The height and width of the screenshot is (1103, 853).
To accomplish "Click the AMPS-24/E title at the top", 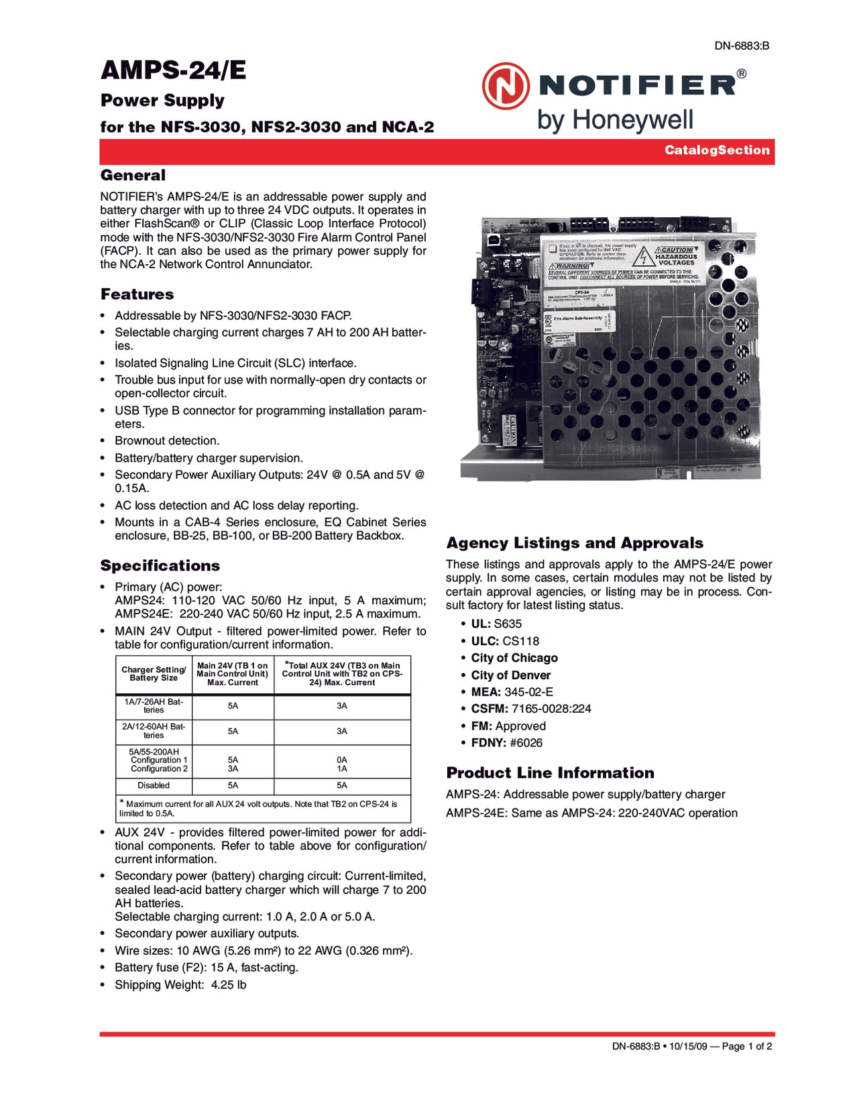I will pyautogui.click(x=173, y=70).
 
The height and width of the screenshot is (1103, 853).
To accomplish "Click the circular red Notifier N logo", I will pyautogui.click(x=505, y=86).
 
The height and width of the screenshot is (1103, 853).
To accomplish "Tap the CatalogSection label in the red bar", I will pyautogui.click(x=717, y=150).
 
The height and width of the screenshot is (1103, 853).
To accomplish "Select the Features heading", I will pyautogui.click(x=137, y=294).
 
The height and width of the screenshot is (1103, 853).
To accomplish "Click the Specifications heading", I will pyautogui.click(x=160, y=565).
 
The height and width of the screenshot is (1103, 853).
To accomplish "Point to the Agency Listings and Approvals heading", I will pyautogui.click(x=575, y=543).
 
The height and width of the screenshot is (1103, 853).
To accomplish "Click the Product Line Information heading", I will pyautogui.click(x=550, y=773).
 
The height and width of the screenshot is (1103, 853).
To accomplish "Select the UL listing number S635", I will pyautogui.click(x=508, y=624).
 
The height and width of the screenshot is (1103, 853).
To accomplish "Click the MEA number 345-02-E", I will pyautogui.click(x=528, y=692).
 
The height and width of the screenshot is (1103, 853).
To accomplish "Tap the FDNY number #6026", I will pyautogui.click(x=526, y=743).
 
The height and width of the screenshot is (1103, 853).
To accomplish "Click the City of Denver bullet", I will pyautogui.click(x=510, y=675).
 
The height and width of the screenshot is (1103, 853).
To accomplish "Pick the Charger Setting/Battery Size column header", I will pyautogui.click(x=154, y=674).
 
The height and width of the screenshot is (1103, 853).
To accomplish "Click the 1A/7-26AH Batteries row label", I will pyautogui.click(x=154, y=706).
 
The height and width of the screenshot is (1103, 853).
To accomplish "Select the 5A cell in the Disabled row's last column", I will pyautogui.click(x=342, y=785).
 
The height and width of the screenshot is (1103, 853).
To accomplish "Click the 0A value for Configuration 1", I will pyautogui.click(x=342, y=760).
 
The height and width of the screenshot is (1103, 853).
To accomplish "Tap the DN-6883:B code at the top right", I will pyautogui.click(x=741, y=46).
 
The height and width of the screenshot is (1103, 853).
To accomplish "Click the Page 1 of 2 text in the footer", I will pyautogui.click(x=746, y=1046).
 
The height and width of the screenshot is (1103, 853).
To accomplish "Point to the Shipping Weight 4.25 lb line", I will pyautogui.click(x=180, y=985).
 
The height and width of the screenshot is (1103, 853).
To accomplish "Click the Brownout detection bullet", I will pyautogui.click(x=167, y=441).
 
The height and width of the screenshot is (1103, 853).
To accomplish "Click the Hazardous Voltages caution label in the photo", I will pyautogui.click(x=675, y=257).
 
